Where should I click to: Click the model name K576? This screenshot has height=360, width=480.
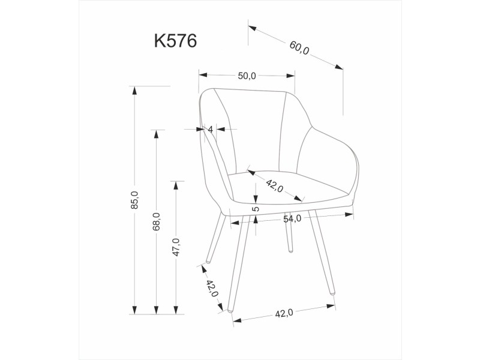175,41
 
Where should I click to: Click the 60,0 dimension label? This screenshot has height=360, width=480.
299,48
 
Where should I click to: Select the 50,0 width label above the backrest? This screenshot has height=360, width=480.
247,76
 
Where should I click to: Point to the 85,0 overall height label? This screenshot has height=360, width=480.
134,200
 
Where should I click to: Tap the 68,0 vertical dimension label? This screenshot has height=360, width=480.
157,221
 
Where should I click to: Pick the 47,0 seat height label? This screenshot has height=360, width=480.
176,247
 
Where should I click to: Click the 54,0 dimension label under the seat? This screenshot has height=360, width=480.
292,218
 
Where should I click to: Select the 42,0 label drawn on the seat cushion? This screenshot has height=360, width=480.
275,186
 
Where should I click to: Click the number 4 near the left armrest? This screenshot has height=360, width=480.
211,130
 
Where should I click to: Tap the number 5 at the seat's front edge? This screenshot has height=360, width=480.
256,209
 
